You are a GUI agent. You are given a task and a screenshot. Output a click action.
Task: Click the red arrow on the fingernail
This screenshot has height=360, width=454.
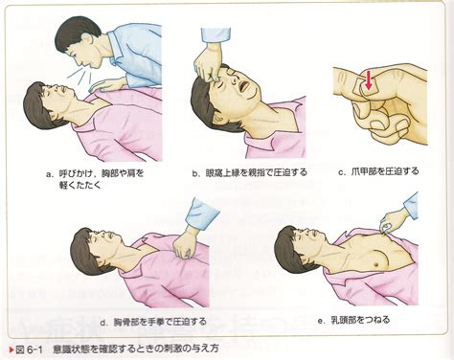point(369,81)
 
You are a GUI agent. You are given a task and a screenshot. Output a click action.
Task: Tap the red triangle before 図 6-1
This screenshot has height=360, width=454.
point(11,349)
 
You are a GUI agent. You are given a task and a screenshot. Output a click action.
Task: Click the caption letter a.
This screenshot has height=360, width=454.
point(49,174)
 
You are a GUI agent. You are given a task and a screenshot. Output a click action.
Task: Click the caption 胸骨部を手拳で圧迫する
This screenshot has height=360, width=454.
point(160,322)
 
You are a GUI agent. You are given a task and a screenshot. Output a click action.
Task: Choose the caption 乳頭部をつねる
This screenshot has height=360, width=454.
point(360,320)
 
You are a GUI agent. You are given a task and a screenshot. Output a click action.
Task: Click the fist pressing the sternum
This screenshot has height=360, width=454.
point(185,244)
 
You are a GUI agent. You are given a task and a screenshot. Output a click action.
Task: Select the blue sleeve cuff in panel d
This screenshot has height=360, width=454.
point(200,214)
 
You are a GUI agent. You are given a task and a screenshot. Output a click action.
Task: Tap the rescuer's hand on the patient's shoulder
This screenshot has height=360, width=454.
point(106,85)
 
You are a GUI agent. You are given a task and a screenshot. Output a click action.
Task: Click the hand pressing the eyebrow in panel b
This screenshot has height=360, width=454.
point(208,65)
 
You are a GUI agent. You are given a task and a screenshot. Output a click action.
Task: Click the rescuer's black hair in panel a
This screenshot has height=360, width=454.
point(74,33)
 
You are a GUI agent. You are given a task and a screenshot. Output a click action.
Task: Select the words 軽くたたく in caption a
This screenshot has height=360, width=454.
point(80,185)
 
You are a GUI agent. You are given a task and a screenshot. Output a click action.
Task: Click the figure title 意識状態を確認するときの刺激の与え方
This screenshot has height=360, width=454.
point(136,349)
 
